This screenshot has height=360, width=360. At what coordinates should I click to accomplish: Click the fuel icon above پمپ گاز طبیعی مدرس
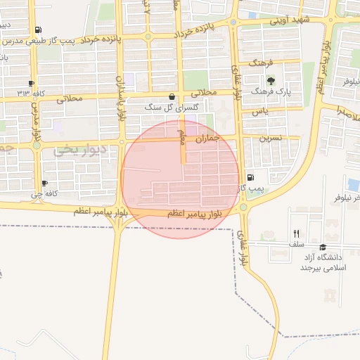click(37, 30)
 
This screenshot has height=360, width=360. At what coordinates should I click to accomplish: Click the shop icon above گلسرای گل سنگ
click(172, 96)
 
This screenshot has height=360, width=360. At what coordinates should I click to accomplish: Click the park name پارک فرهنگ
click(271, 91)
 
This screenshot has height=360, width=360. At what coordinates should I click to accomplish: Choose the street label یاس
click(262, 112)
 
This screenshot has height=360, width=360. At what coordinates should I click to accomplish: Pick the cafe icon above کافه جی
click(44, 184)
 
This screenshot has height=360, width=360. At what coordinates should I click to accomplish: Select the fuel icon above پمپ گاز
click(251, 178)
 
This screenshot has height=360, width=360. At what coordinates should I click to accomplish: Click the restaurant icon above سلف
click(296, 233)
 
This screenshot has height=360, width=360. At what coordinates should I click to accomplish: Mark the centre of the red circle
click(180, 179)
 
